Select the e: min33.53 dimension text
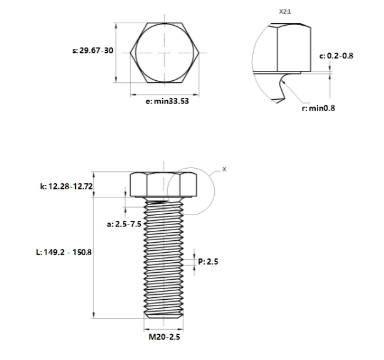(x=167, y=101)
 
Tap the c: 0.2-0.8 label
(x=336, y=56)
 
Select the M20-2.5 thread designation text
(x=165, y=337)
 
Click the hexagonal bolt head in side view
(x=164, y=184)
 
